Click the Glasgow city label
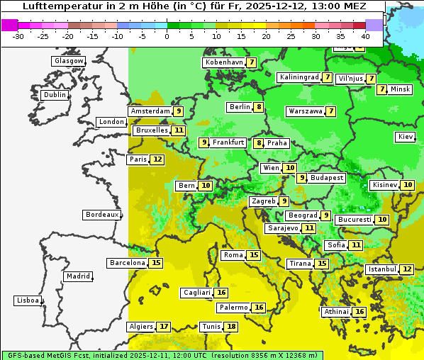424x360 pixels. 68,61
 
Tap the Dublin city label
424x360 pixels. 54,95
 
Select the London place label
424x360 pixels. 111,122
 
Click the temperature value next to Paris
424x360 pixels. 157,159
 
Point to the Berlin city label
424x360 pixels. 240,107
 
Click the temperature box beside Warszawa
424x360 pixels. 330,111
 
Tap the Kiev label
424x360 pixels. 406,137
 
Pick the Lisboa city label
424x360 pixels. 27,300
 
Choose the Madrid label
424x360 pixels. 77,276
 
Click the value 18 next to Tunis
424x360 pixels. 231,327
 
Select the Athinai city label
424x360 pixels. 336,312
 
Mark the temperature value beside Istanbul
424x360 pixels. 406,269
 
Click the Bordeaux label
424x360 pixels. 101,215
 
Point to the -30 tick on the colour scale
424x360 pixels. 18,35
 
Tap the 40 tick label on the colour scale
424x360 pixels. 365,35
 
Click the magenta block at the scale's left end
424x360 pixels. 9,25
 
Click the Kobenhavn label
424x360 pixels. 223,62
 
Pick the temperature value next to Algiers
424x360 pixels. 164,327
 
